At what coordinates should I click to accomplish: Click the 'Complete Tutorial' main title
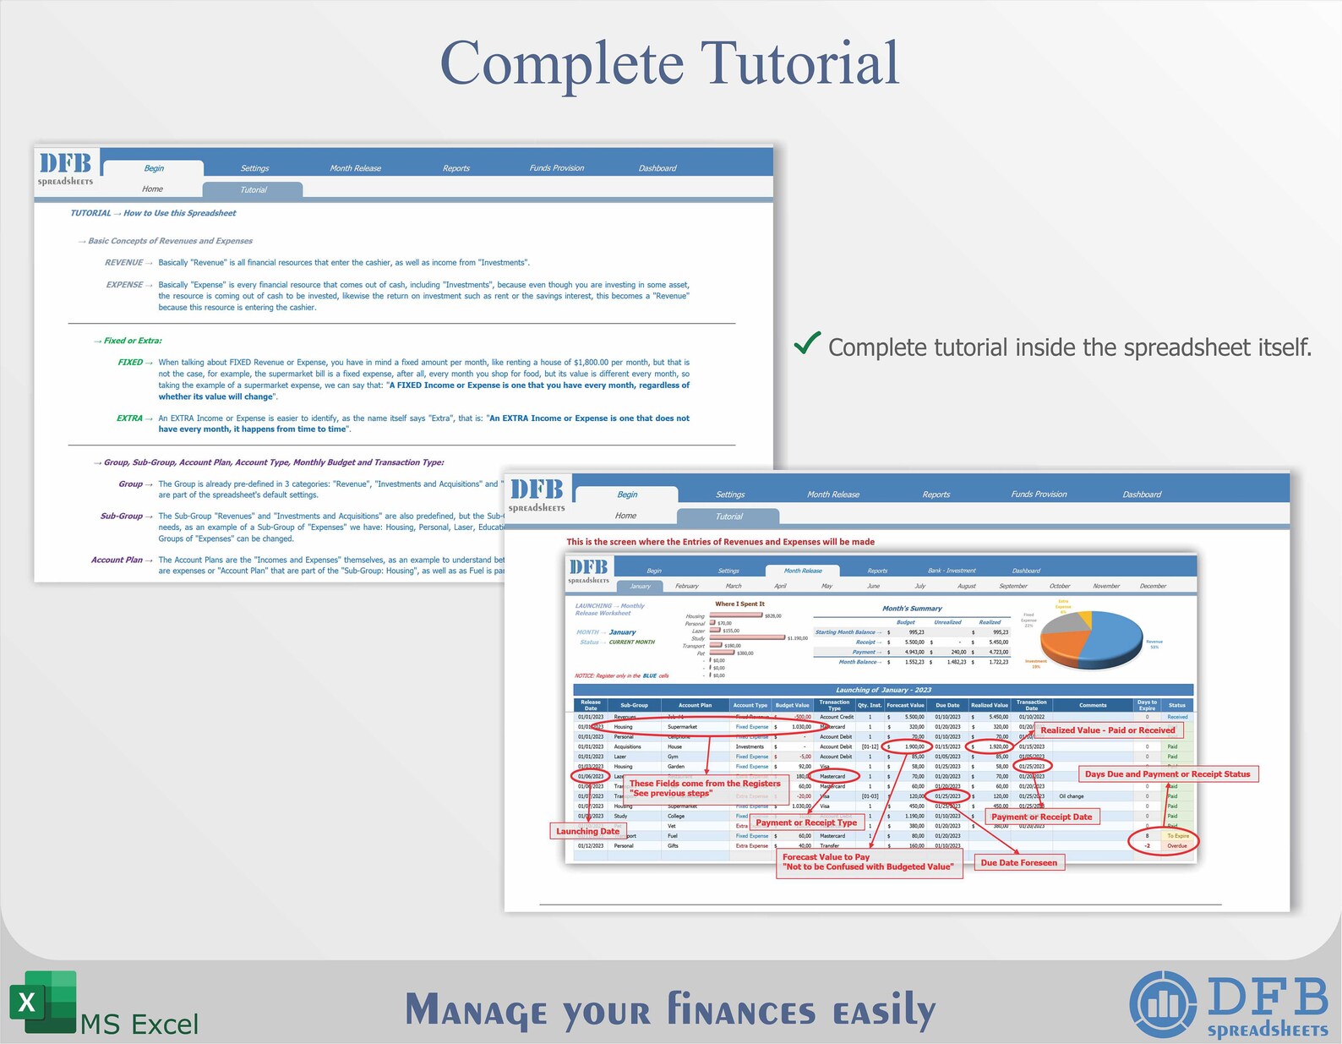[669, 64]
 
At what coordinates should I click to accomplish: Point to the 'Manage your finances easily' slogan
[670, 1011]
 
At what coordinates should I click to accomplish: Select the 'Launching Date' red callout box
[587, 831]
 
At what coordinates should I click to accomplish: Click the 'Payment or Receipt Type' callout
[806, 823]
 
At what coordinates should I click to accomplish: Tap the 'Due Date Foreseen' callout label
[1018, 862]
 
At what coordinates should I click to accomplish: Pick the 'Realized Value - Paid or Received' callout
[1107, 730]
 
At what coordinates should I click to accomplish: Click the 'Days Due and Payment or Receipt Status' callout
[1167, 773]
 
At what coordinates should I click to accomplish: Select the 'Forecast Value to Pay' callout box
[868, 861]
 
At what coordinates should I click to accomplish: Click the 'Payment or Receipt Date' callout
[1041, 817]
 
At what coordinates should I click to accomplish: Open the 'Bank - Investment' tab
[951, 571]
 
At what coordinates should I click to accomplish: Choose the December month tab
[1152, 586]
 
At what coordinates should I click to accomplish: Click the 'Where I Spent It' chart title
[739, 604]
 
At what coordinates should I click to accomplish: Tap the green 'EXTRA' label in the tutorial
[129, 418]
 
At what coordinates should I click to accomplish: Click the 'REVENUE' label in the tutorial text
[123, 263]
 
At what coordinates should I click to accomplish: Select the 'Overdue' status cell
[1176, 845]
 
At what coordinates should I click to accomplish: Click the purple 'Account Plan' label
[117, 560]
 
